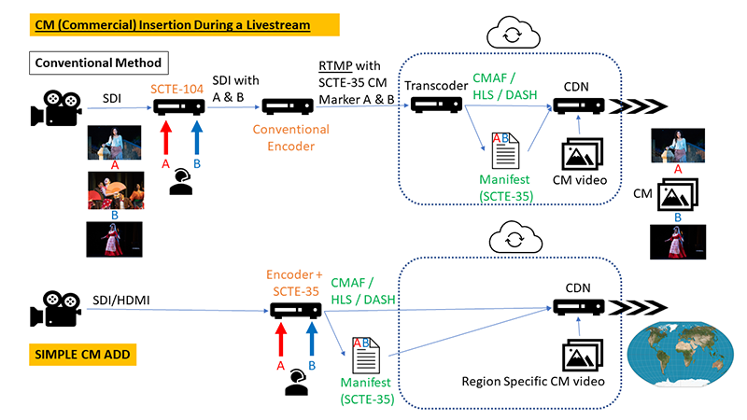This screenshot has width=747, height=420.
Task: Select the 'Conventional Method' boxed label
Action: tap(98, 63)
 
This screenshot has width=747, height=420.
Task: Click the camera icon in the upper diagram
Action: tap(52, 108)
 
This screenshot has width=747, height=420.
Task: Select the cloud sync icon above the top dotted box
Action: tap(513, 35)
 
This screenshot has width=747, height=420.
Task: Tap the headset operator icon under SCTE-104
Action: tap(179, 181)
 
